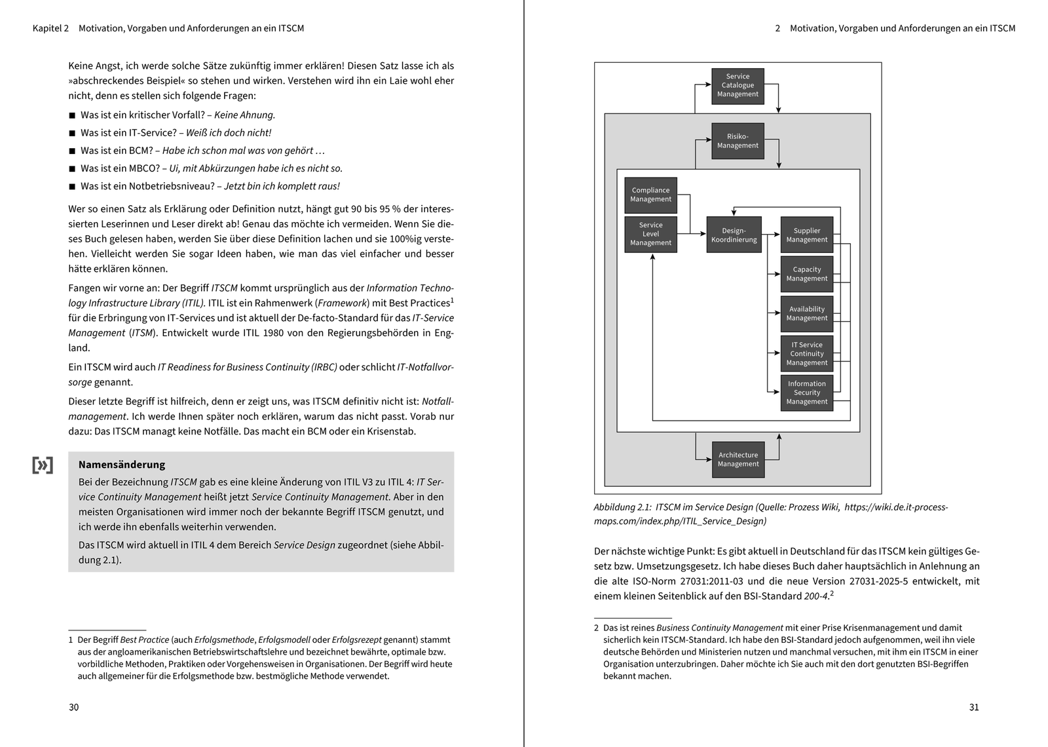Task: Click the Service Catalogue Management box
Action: click(x=738, y=86)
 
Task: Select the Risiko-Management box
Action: click(x=738, y=141)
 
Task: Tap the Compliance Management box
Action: click(x=650, y=195)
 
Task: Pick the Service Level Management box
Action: click(x=650, y=234)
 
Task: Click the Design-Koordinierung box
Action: click(x=734, y=235)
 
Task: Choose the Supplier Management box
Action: click(x=806, y=235)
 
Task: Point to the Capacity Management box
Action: click(x=806, y=274)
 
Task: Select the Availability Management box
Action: click(x=806, y=313)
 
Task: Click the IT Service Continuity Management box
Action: click(x=806, y=353)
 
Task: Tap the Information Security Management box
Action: click(x=806, y=393)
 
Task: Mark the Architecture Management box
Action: click(x=738, y=459)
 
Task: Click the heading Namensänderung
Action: click(x=121, y=465)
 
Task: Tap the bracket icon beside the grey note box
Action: click(x=43, y=465)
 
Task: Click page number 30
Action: click(x=73, y=707)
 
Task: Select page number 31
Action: click(x=973, y=707)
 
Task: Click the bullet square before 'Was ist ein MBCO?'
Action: click(x=72, y=168)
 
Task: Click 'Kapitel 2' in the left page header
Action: click(x=50, y=28)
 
